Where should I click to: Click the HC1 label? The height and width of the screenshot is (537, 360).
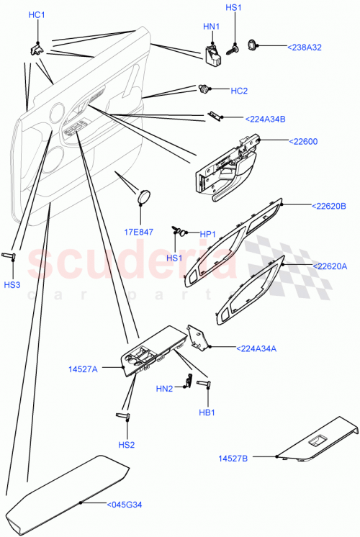pyautogui.click(x=36, y=15)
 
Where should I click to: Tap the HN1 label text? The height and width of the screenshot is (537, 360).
pyautogui.click(x=211, y=27)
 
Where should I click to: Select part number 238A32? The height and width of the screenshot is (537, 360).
pyautogui.click(x=305, y=47)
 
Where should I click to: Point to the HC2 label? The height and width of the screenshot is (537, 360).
pyautogui.click(x=239, y=91)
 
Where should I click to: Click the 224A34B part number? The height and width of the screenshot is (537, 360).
pyautogui.click(x=265, y=119)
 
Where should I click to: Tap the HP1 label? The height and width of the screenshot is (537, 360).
pyautogui.click(x=207, y=235)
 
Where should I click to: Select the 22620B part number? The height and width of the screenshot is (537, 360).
pyautogui.click(x=329, y=206)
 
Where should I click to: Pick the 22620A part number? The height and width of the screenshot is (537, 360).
pyautogui.click(x=329, y=266)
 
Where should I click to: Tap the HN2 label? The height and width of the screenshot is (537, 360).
pyautogui.click(x=164, y=389)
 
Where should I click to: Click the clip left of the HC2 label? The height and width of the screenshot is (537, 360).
pyautogui.click(x=204, y=90)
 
